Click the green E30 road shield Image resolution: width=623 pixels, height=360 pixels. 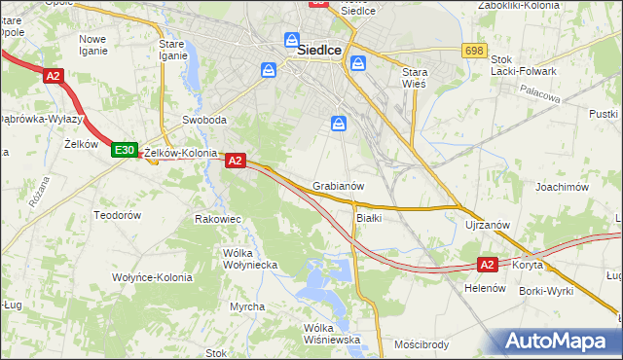[x=124, y=150]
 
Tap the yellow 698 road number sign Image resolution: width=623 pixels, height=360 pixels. [x=474, y=51]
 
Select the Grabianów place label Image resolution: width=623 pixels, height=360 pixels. [x=339, y=185]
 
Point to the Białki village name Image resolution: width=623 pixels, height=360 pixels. [x=369, y=217]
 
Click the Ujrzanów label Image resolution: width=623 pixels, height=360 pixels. [x=488, y=225]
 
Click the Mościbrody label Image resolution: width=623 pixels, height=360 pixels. [x=421, y=344]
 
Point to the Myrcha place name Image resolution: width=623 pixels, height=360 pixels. [x=247, y=306]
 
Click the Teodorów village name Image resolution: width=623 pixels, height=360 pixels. [x=118, y=214]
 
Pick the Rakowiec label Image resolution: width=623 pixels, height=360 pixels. [x=218, y=219]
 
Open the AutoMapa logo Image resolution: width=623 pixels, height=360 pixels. [x=558, y=342]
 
